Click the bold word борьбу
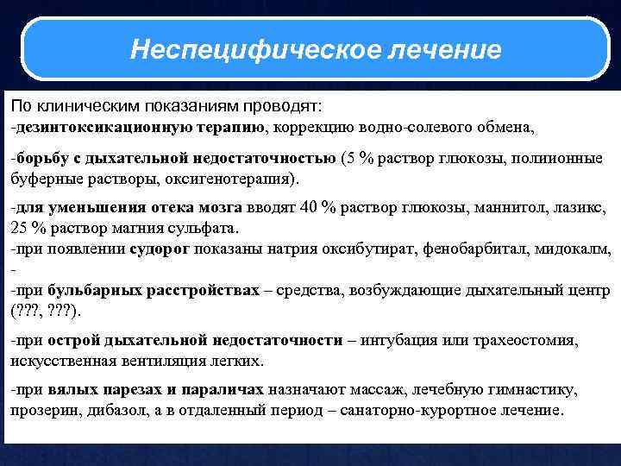[x=35, y=159]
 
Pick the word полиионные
[x=560, y=159]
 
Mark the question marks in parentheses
[x=44, y=311]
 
